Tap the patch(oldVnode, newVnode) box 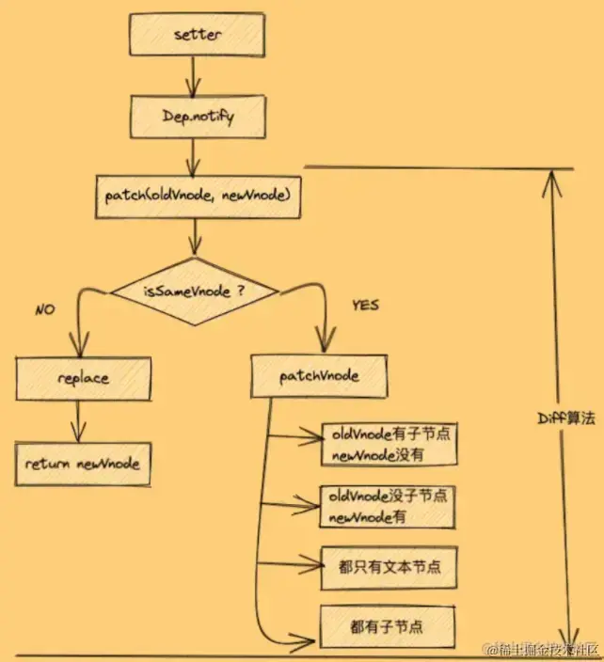click(x=198, y=195)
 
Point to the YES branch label click(x=366, y=306)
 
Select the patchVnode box click(x=319, y=375)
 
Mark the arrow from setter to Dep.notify click(x=195, y=75)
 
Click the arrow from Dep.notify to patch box click(x=195, y=155)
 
